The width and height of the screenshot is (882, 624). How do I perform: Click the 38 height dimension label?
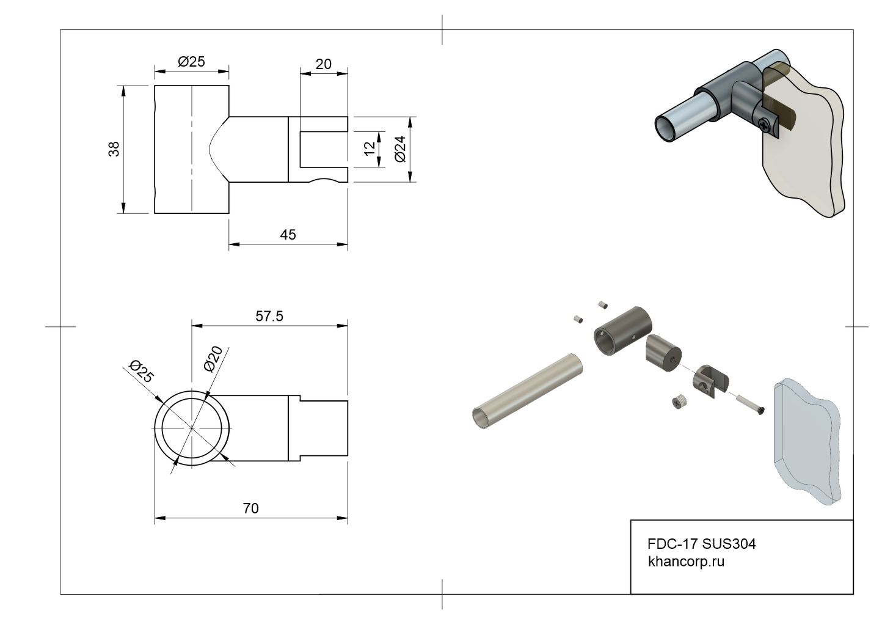[x=114, y=149]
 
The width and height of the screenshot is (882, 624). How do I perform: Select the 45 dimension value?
[x=288, y=235]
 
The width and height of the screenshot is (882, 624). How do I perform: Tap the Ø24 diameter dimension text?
[x=401, y=149]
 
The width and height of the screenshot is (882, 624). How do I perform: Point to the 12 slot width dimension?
[x=370, y=149]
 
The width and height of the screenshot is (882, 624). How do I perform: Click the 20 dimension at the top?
[x=323, y=64]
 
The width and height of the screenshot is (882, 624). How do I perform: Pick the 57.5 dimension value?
[x=269, y=316]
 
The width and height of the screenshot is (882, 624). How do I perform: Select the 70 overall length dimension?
[x=250, y=508]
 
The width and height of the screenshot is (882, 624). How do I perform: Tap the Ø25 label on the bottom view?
[x=140, y=372]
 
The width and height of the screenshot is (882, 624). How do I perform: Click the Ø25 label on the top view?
[x=191, y=62]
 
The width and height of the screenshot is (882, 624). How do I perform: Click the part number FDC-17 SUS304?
[x=701, y=543]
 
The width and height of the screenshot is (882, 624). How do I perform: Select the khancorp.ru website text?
[x=686, y=561]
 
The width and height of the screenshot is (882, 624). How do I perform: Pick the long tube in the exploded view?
[x=527, y=391]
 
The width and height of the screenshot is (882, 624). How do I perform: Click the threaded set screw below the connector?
[x=679, y=402]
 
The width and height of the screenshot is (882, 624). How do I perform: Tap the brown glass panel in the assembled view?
[x=806, y=147]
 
